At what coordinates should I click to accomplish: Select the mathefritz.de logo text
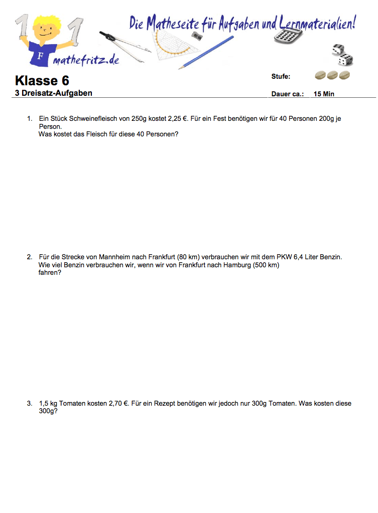[x=85, y=60]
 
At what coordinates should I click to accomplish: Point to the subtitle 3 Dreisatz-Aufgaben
[x=53, y=93]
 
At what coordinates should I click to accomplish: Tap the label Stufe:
[x=281, y=77]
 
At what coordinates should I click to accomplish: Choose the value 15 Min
[x=324, y=94]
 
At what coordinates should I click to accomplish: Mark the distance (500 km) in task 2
[x=266, y=265]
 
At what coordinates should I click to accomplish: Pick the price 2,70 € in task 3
[x=118, y=403]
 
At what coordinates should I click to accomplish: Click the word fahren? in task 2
[x=50, y=273]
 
